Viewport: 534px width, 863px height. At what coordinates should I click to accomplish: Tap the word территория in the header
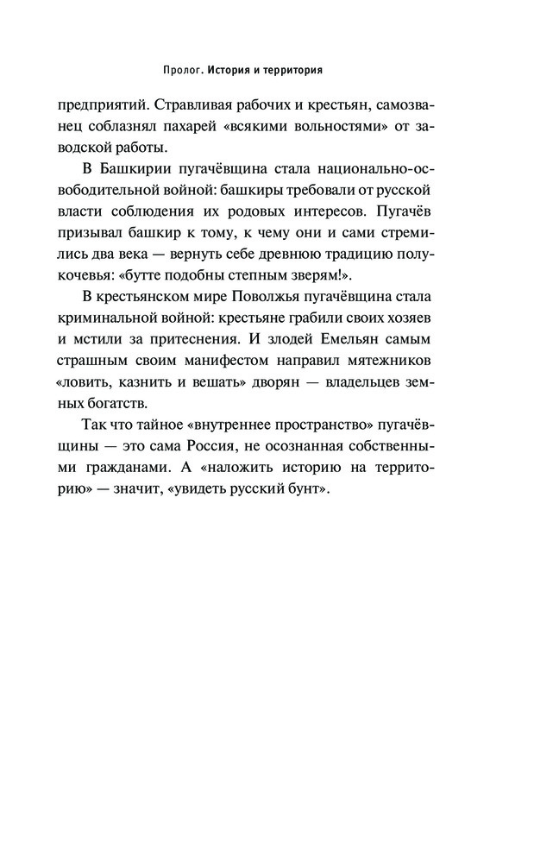click(x=298, y=68)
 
